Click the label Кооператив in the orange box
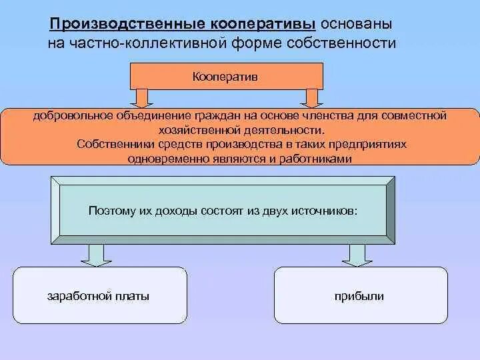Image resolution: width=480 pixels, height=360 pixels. [x=225, y=77]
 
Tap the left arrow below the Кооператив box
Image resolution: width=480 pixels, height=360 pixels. [x=143, y=98]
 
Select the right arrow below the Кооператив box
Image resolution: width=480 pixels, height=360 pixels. [x=311, y=98]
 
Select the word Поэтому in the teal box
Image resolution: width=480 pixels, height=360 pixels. [x=110, y=211]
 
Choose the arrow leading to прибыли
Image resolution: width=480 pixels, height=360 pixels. [x=354, y=253]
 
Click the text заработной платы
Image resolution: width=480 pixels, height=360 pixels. [x=99, y=296]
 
